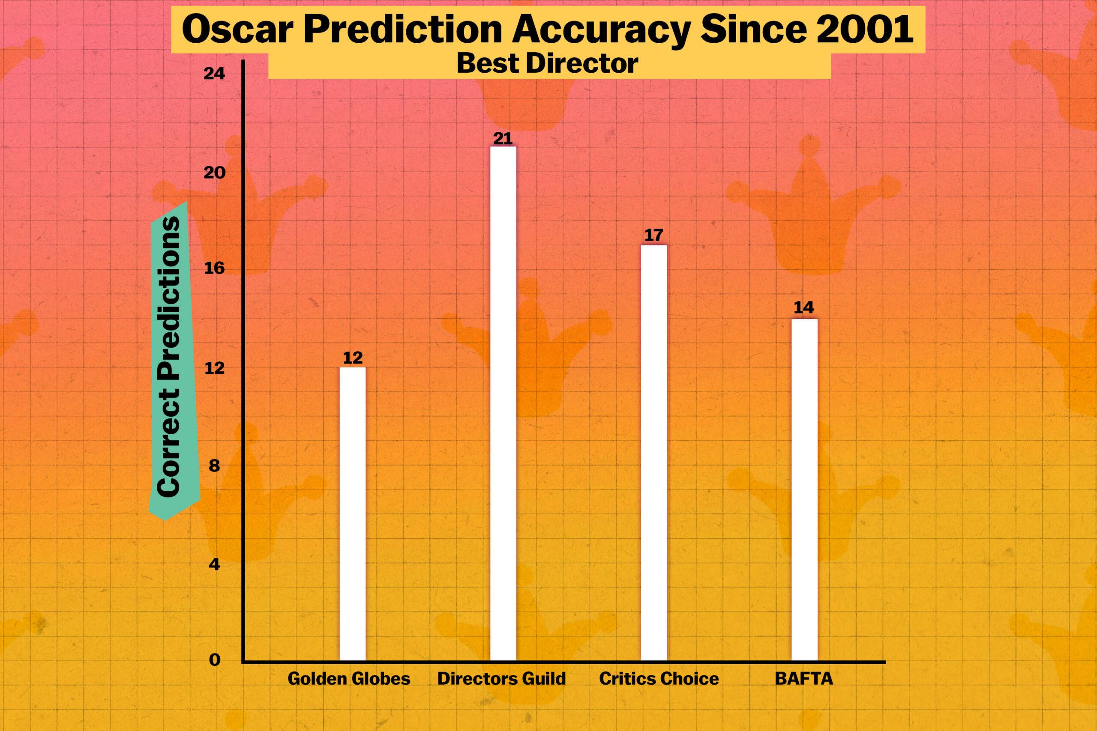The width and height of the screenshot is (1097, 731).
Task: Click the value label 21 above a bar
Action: coord(503,138)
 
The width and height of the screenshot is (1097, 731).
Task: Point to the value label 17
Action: coord(653,236)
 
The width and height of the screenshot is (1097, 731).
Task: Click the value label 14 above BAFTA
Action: coord(803,308)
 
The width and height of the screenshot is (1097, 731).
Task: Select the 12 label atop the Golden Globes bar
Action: coord(353,358)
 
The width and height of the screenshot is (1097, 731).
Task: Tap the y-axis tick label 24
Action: coord(214,74)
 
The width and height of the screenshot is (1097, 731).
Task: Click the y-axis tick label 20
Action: coord(214,173)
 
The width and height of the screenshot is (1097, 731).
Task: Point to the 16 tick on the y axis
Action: coord(214,269)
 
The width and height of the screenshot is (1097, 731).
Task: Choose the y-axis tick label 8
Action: coord(214,465)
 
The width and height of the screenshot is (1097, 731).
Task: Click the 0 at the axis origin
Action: coord(215,660)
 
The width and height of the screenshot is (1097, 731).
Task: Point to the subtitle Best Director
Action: coord(547,64)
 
